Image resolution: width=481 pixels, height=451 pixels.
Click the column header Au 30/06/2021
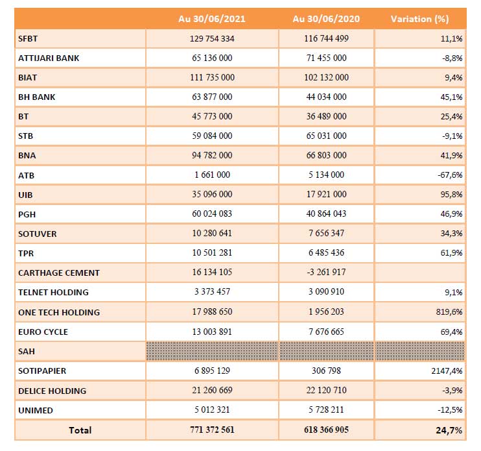[x=211, y=19]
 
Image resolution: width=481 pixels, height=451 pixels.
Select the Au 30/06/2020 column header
[x=326, y=19]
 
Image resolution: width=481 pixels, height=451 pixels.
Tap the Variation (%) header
[x=419, y=19]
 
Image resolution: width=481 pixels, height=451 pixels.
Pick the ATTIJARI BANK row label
[x=49, y=58]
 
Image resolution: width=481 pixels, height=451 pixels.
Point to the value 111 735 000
[x=212, y=77]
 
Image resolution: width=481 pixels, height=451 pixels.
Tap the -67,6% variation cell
[x=449, y=175]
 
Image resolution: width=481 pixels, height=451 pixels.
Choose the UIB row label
[x=26, y=195]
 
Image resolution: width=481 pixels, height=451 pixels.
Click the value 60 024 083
[x=212, y=214]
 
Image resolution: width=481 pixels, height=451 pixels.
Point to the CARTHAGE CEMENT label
[x=59, y=273]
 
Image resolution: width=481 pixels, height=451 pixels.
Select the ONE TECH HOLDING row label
[x=59, y=312]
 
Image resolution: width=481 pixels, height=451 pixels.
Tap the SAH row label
[x=27, y=351]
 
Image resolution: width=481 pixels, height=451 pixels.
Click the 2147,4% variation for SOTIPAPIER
[x=447, y=371]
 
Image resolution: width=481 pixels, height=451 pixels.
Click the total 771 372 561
[x=212, y=430]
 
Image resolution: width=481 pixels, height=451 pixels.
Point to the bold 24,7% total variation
[x=451, y=430]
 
